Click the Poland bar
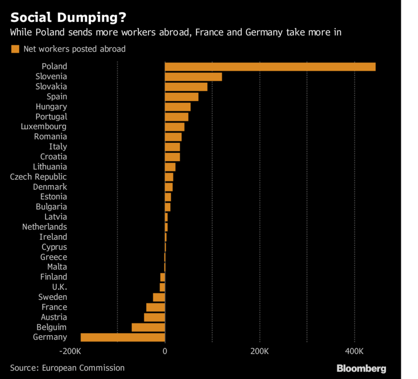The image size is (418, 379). click(270, 67)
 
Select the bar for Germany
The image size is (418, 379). click(123, 337)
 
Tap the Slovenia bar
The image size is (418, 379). click(193, 77)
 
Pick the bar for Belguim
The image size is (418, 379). click(148, 327)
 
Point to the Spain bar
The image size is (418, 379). click(181, 97)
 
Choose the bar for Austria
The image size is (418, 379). click(155, 317)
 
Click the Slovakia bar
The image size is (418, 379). click(186, 87)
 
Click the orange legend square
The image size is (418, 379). click(15, 49)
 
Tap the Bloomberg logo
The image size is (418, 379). click(362, 368)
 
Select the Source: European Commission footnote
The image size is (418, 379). click(67, 368)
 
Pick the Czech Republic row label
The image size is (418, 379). click(39, 177)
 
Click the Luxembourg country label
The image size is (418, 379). click(44, 127)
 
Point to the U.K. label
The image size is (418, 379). click(60, 287)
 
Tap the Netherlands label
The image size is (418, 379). click(44, 227)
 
